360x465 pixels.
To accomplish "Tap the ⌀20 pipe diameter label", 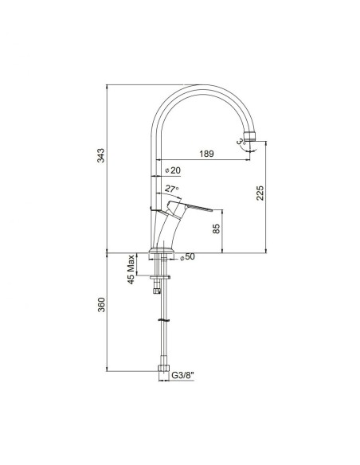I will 171,171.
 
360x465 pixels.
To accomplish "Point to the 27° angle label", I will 171,189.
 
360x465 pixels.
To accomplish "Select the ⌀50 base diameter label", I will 189,257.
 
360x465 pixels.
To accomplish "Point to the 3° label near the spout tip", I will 240,142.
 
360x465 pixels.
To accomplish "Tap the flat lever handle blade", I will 199,210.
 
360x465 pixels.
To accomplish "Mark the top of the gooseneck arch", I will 199,88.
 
